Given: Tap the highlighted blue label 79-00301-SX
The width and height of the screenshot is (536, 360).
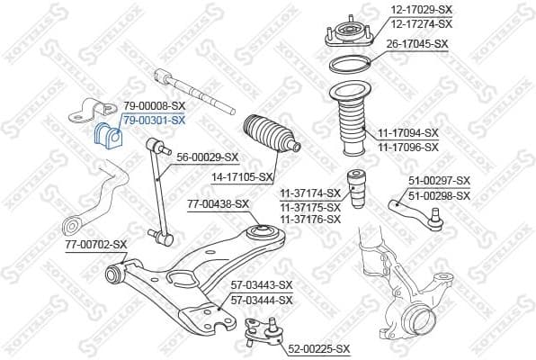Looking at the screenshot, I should click(154, 120).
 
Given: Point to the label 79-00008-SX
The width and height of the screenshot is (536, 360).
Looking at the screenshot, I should click(154, 106).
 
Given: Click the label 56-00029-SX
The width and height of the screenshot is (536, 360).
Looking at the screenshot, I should click(207, 156).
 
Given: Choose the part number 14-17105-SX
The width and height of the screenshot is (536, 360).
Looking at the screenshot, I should click(240, 177).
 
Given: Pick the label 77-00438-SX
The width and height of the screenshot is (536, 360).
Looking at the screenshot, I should click(219, 204).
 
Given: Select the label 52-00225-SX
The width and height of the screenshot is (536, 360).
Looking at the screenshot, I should click(319, 349).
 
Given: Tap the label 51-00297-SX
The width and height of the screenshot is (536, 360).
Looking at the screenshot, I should click(439, 181).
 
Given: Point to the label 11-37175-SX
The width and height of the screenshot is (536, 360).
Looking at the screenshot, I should click(309, 206).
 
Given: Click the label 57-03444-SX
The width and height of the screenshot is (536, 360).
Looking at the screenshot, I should click(262, 300).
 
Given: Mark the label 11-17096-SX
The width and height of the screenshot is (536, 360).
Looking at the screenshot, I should click(408, 147).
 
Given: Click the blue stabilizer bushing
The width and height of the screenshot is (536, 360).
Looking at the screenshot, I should click(105, 134).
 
